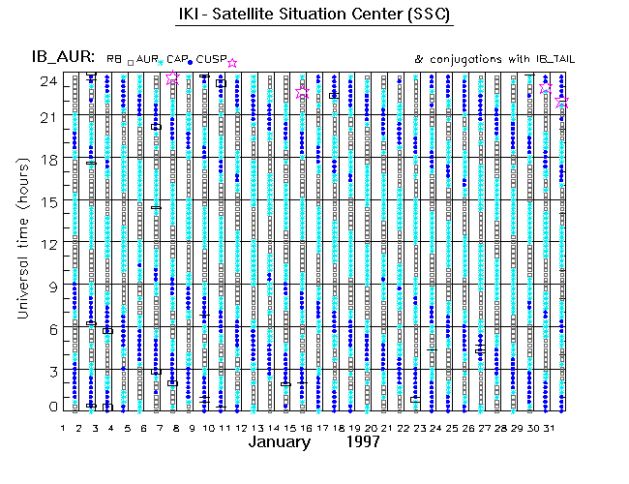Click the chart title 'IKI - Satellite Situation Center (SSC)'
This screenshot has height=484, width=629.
click(x=315, y=15)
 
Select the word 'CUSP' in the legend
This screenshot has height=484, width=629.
click(x=210, y=60)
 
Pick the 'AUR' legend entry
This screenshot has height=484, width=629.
click(x=147, y=60)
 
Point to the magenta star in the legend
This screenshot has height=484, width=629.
click(x=231, y=63)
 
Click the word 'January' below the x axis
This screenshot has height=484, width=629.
click(x=280, y=442)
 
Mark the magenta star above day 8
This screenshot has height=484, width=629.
click(x=172, y=77)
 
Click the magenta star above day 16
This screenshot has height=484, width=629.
click(x=303, y=92)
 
